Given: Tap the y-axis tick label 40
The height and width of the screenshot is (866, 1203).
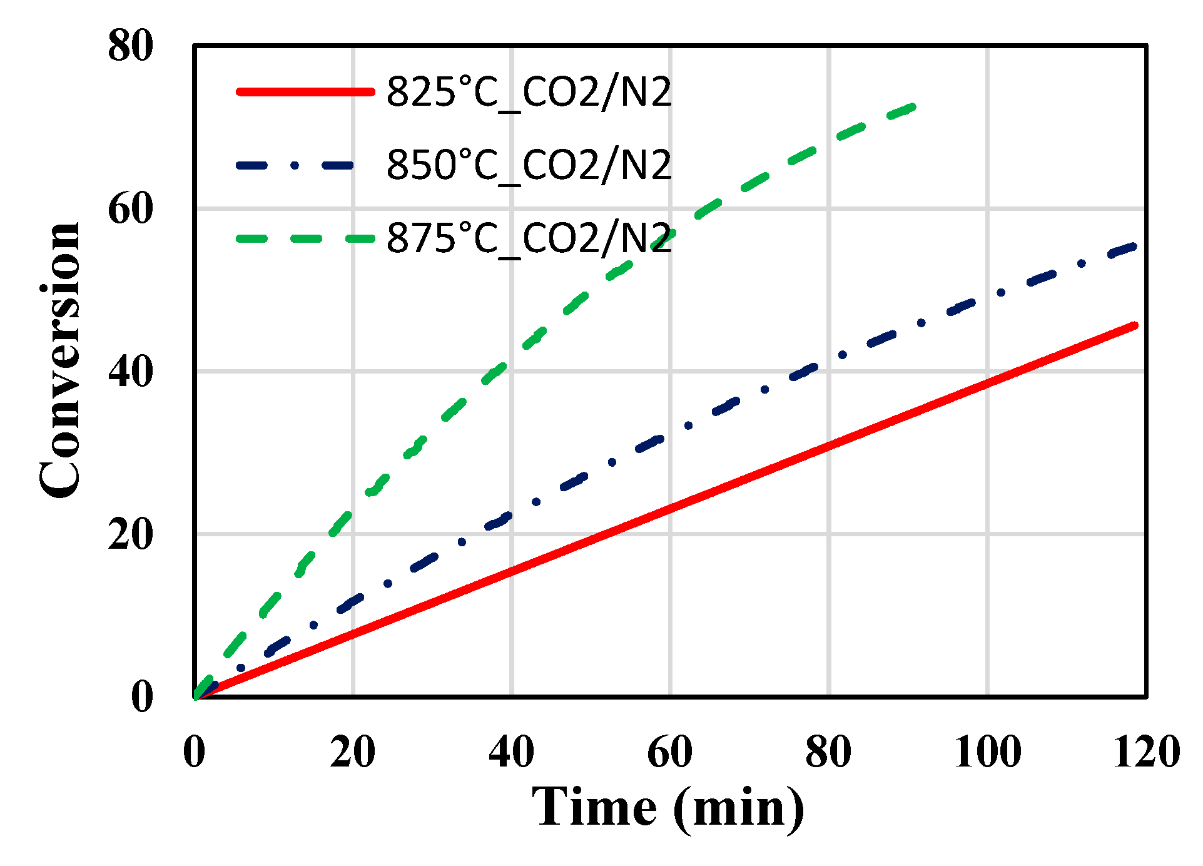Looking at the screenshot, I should click(x=130, y=372).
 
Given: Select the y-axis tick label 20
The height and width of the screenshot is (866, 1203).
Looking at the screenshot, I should click(x=130, y=534).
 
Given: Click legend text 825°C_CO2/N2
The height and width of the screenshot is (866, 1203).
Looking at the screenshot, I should click(x=529, y=92).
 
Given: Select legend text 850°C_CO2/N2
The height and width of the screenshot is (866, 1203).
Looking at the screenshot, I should click(x=529, y=165).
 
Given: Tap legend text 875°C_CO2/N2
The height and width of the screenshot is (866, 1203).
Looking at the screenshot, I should click(x=529, y=238).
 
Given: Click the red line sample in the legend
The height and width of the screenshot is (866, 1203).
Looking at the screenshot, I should click(x=305, y=92).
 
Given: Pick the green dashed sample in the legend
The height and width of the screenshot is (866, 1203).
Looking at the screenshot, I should click(x=305, y=238).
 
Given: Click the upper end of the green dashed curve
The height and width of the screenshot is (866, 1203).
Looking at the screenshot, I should click(x=913, y=107).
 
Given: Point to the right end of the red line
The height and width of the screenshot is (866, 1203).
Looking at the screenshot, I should click(x=1135, y=325).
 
